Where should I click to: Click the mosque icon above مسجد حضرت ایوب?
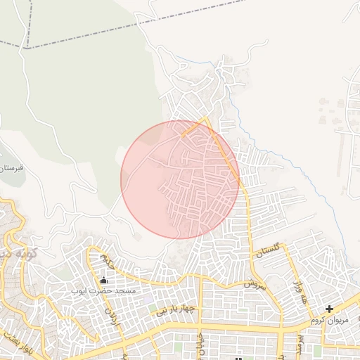coord(103,281)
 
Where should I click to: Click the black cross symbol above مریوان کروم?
coord(329,309)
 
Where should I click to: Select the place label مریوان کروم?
coord(329,320)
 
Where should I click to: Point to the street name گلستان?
coord(269,249)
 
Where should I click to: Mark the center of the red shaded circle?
coord(180,179)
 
